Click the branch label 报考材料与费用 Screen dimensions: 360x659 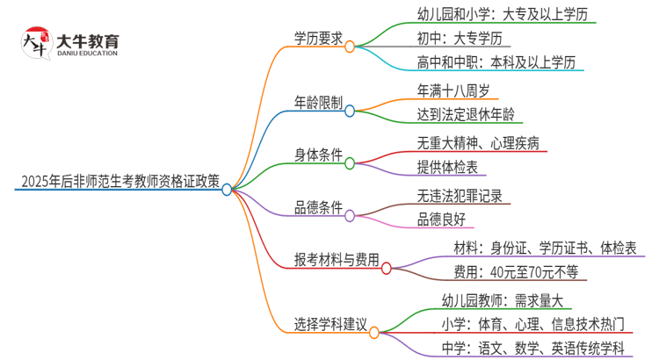tap(337, 260)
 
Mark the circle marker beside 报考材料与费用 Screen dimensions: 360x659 tap(387, 261)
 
